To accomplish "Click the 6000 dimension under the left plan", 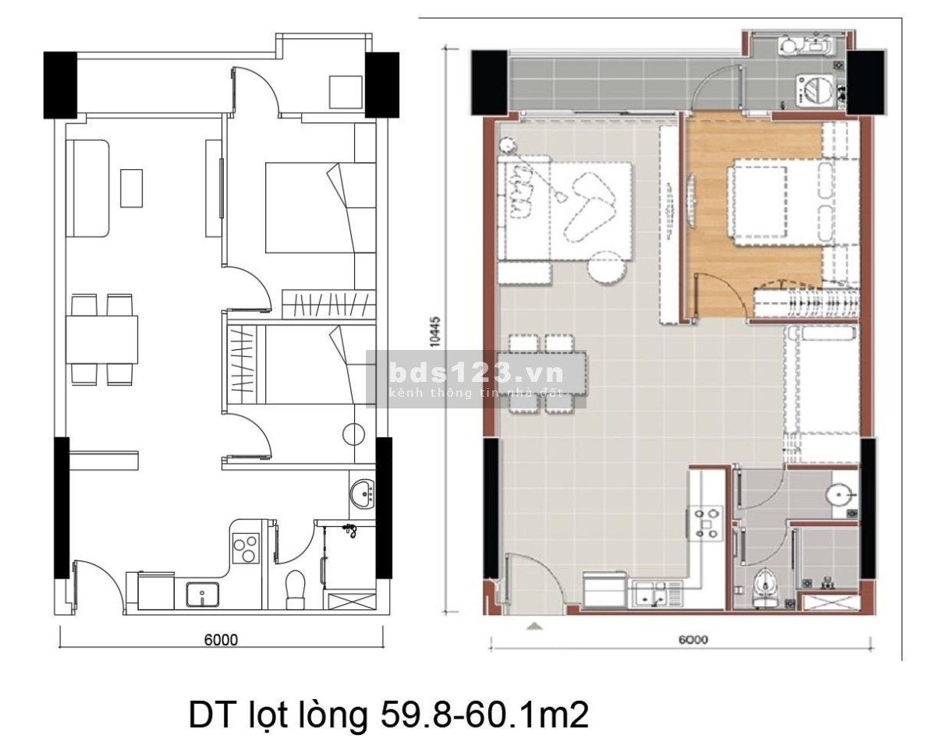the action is (221, 640).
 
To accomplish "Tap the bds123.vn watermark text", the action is (476, 373).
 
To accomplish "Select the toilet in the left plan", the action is (296, 589).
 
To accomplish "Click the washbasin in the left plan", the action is (362, 493).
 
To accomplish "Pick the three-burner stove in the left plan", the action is (246, 549).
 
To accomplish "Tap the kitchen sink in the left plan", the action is (203, 594).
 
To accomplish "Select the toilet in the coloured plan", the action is (765, 588).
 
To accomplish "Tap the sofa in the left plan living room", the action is (88, 188).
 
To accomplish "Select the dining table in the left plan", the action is (101, 340).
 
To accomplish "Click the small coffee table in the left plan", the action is (131, 188).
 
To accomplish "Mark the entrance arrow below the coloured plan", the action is (534, 627).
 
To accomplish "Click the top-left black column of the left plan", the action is (61, 85).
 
